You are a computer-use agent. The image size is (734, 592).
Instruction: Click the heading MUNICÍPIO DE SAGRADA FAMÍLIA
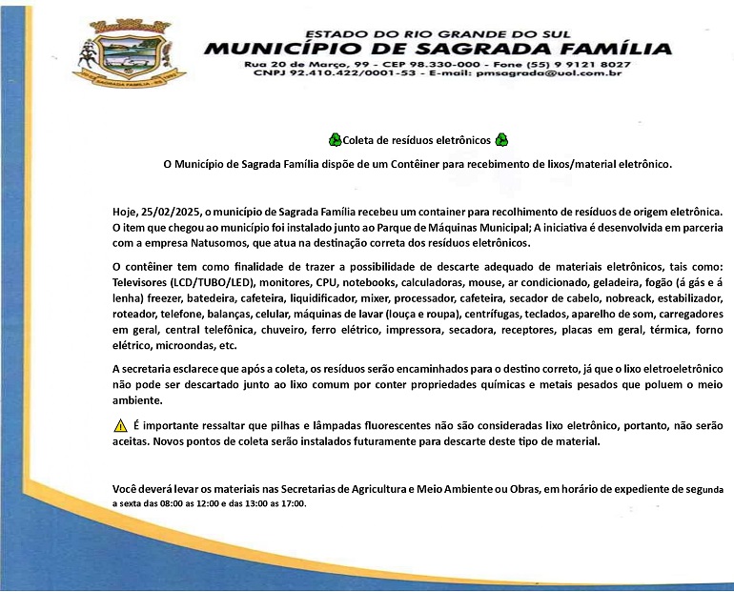437,49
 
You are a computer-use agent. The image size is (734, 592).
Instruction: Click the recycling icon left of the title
334,139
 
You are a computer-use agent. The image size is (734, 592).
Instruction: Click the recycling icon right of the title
501,139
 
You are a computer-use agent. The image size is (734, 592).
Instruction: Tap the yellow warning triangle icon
120,425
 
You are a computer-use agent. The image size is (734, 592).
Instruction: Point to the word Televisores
140,283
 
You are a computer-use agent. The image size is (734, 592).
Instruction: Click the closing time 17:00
292,503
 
